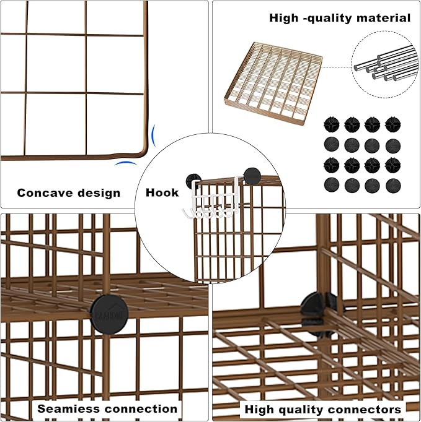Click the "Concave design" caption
[x=68, y=192]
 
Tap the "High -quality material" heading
[x=340, y=18]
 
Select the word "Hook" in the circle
[x=162, y=192]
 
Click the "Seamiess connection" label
[x=107, y=408]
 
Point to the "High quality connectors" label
[x=322, y=409]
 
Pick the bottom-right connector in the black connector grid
[x=392, y=185]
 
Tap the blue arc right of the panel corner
[x=153, y=135]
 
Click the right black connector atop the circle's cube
[x=252, y=176]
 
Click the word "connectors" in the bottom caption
[x=365, y=409]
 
